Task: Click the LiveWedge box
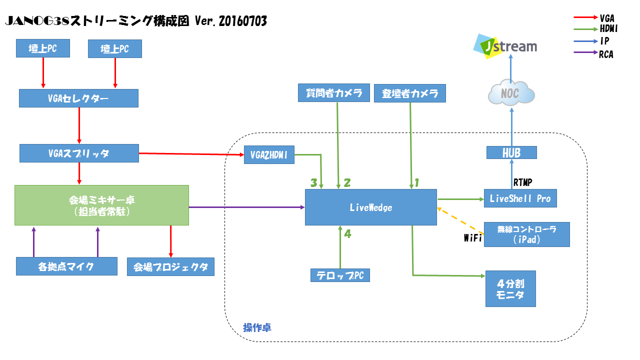click(x=370, y=207)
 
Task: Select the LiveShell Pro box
click(x=520, y=198)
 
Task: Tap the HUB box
click(x=511, y=152)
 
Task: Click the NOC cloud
click(x=511, y=93)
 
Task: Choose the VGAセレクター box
click(x=78, y=98)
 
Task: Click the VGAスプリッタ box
click(x=79, y=153)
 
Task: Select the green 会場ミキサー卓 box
click(x=101, y=205)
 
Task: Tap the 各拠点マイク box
click(x=66, y=266)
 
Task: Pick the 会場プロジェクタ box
click(x=170, y=266)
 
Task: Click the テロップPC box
click(x=340, y=275)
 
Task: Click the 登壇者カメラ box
click(x=409, y=93)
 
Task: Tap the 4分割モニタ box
click(x=510, y=288)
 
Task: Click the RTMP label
click(x=522, y=182)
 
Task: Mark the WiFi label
click(x=472, y=238)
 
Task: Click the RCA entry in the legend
click(x=605, y=55)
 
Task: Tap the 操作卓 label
click(x=257, y=328)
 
